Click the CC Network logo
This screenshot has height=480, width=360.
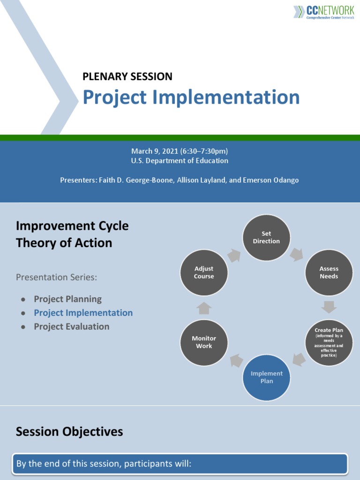pyautogui.click(x=323, y=12)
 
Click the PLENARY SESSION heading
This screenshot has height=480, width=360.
pyautogui.click(x=127, y=76)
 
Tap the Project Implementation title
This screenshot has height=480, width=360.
pyautogui.click(x=191, y=97)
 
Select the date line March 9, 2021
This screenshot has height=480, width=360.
pyautogui.click(x=180, y=151)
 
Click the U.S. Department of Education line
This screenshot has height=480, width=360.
pyautogui.click(x=180, y=161)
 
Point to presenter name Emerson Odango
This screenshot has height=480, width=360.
pyautogui.click(x=270, y=180)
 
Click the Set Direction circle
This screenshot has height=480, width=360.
pyautogui.click(x=266, y=238)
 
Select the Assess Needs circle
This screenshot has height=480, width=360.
pyautogui.click(x=329, y=273)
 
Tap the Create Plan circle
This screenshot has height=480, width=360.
pyautogui.click(x=329, y=343)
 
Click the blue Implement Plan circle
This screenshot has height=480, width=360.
pyautogui.click(x=266, y=377)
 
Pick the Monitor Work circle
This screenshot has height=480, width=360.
pyautogui.click(x=204, y=343)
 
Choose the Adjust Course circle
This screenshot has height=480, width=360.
pyautogui.click(x=204, y=273)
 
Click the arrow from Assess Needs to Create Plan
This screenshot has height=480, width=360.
pyautogui.click(x=329, y=307)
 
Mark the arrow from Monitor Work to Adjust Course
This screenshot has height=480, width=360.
pyautogui.click(x=204, y=308)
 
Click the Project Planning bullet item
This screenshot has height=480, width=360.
pyautogui.click(x=67, y=299)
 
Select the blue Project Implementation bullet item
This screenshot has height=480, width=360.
pyautogui.click(x=83, y=313)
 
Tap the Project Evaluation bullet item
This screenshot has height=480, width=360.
pyautogui.click(x=71, y=327)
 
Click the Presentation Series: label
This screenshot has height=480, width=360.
pyautogui.click(x=56, y=277)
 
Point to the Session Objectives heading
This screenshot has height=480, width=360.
pyautogui.click(x=69, y=432)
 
